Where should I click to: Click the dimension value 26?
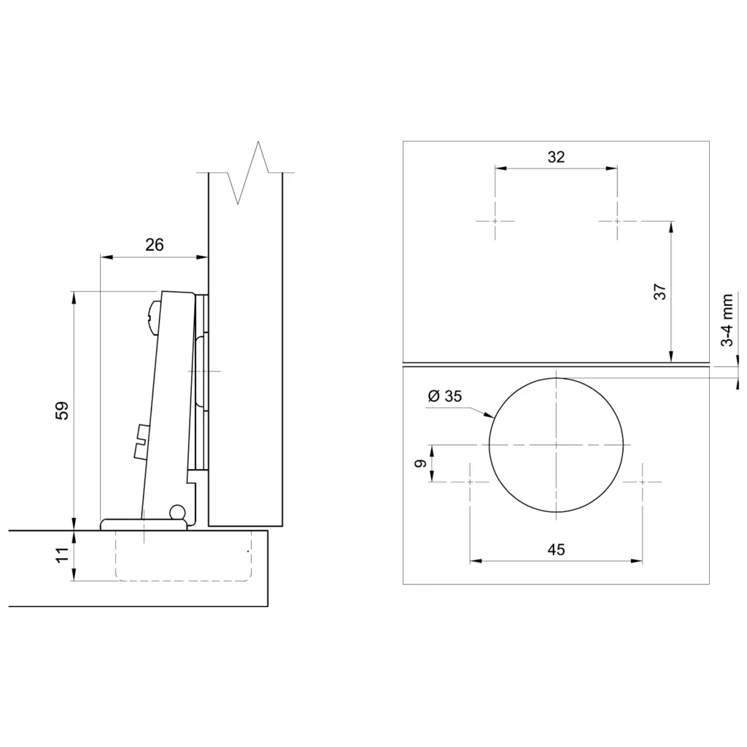click(155, 245)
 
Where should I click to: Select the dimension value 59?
click(63, 411)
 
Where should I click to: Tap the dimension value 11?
click(63, 555)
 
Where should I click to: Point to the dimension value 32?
click(556, 157)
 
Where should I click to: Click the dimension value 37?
click(660, 292)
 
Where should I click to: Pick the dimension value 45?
click(556, 549)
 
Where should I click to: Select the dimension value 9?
click(420, 463)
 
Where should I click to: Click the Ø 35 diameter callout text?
click(445, 396)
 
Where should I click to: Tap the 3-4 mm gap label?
click(727, 320)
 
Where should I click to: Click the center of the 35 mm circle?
click(556, 445)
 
